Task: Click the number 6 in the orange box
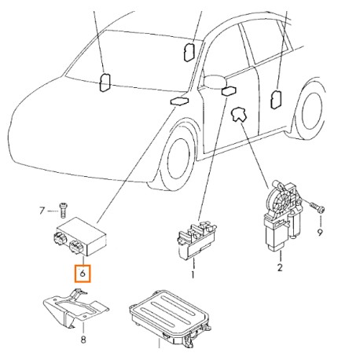point(83,274)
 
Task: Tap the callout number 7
point(42,211)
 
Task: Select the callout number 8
point(83,340)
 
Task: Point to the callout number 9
point(320,232)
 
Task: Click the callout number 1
point(193,275)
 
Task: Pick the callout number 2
point(280,267)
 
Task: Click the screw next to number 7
point(63,210)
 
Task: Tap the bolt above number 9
point(318,207)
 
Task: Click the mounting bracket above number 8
point(76,308)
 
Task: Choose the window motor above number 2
point(283,215)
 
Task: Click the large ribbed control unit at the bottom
point(171,317)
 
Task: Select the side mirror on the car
point(215,81)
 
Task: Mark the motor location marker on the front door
point(238,115)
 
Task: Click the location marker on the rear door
point(275,99)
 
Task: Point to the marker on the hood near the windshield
point(180,101)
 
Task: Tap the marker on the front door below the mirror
point(229,91)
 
